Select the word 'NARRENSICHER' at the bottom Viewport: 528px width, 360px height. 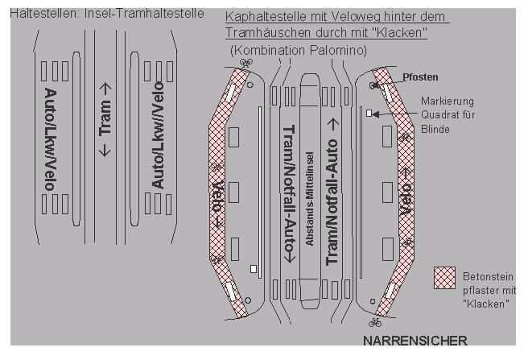point(414,339)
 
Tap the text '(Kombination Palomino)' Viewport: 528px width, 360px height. point(299,50)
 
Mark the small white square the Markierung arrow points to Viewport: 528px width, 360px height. point(369,114)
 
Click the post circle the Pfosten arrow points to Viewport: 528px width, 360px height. point(373,85)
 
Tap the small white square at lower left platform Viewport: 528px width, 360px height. point(253,267)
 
